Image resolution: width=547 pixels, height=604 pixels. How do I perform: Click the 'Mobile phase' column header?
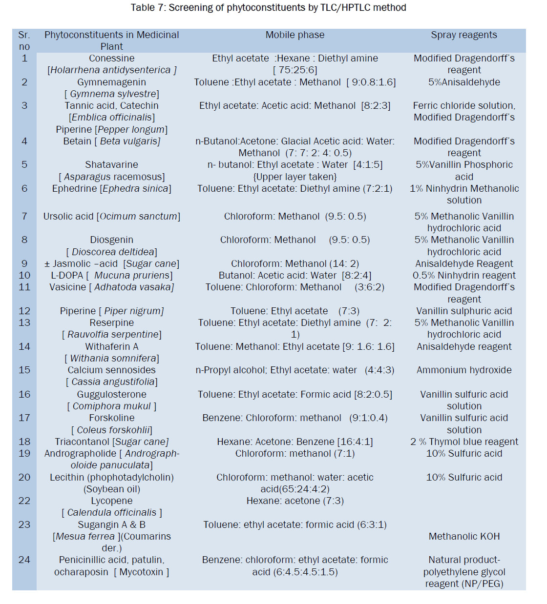click(x=295, y=35)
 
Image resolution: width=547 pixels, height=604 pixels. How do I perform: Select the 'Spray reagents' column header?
click(x=463, y=35)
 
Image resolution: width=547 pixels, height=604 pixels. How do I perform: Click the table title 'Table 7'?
click(x=268, y=8)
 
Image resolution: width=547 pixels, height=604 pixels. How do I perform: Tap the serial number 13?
click(x=24, y=323)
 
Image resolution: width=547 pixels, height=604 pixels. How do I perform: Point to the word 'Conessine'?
click(x=111, y=59)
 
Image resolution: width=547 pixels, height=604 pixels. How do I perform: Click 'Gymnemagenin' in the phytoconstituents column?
click(x=111, y=82)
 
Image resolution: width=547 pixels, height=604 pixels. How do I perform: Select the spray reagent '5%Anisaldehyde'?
click(x=464, y=82)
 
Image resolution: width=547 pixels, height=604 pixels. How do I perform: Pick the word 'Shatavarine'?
click(x=111, y=165)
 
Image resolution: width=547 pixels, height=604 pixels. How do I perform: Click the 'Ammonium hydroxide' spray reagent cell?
click(x=464, y=370)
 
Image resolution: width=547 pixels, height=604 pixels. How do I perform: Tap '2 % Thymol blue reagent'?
click(x=464, y=442)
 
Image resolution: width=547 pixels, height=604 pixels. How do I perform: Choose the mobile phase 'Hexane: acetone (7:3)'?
click(x=295, y=501)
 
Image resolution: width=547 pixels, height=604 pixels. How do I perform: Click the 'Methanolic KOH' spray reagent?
click(x=464, y=537)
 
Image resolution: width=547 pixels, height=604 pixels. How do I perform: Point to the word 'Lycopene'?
click(x=111, y=501)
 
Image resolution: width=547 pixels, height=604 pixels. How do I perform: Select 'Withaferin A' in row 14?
click(x=111, y=347)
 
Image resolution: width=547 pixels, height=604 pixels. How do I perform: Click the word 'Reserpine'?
click(x=111, y=323)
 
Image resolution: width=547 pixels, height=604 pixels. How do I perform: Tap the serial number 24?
click(x=24, y=560)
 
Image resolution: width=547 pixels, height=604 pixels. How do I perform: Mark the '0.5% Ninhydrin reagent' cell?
click(x=464, y=276)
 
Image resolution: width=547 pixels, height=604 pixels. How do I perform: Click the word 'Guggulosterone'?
click(x=111, y=395)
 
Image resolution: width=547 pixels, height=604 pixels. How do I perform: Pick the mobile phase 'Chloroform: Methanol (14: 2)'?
click(x=295, y=264)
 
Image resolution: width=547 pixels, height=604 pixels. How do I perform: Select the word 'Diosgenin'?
click(x=111, y=240)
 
